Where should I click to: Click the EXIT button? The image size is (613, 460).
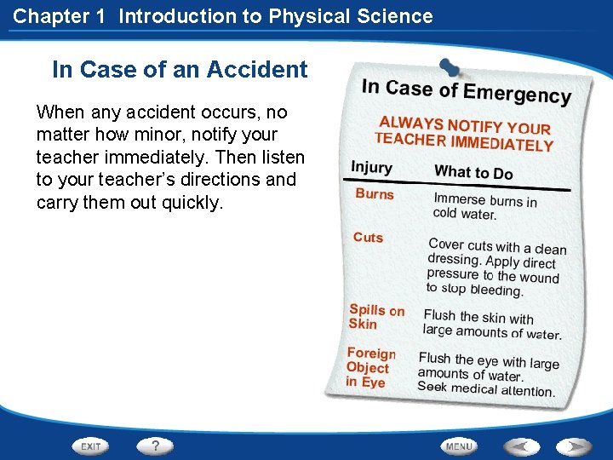(91, 446)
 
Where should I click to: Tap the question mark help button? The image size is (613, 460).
(155, 446)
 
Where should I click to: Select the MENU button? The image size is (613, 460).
(459, 446)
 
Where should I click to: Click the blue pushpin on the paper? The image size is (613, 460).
(448, 67)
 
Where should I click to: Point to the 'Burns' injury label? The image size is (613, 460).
(375, 194)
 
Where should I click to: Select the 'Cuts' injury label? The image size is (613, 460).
(369, 238)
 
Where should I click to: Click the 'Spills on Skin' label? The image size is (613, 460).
(375, 317)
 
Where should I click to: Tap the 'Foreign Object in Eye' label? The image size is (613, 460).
(370, 368)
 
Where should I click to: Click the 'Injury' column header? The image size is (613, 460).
(371, 167)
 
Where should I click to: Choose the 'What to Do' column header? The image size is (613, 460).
(473, 172)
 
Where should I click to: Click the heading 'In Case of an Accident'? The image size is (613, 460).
(180, 70)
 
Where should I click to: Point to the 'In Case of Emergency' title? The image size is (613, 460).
(466, 91)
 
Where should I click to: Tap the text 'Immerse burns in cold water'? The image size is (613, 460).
(484, 207)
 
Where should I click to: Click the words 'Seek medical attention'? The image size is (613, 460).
(485, 388)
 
